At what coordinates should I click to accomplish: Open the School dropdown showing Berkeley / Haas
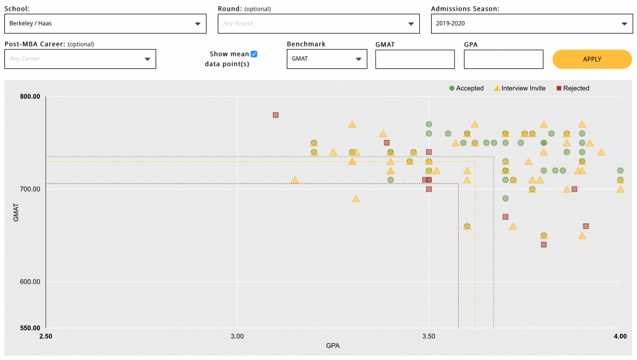[105, 24]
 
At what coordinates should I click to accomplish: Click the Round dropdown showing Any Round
[319, 24]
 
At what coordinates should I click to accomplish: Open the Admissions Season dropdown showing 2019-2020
[532, 24]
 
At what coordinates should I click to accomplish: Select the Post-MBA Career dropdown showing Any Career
[80, 59]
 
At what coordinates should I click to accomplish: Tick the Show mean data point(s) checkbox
[254, 54]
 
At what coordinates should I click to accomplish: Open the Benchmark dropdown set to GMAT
[327, 59]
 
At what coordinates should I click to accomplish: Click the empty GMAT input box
[415, 59]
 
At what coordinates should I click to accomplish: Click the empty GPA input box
[503, 59]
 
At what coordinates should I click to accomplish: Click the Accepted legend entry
[466, 88]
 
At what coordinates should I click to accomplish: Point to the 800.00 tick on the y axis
[30, 96]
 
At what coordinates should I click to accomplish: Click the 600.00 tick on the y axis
[30, 282]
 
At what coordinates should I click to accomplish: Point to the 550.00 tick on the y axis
[30, 328]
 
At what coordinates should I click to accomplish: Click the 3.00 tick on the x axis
[237, 336]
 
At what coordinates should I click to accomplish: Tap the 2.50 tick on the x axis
[46, 336]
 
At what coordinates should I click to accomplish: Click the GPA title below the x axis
[333, 345]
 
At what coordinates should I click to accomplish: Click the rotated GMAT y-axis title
[17, 213]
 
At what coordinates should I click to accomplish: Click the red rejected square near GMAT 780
[276, 115]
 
